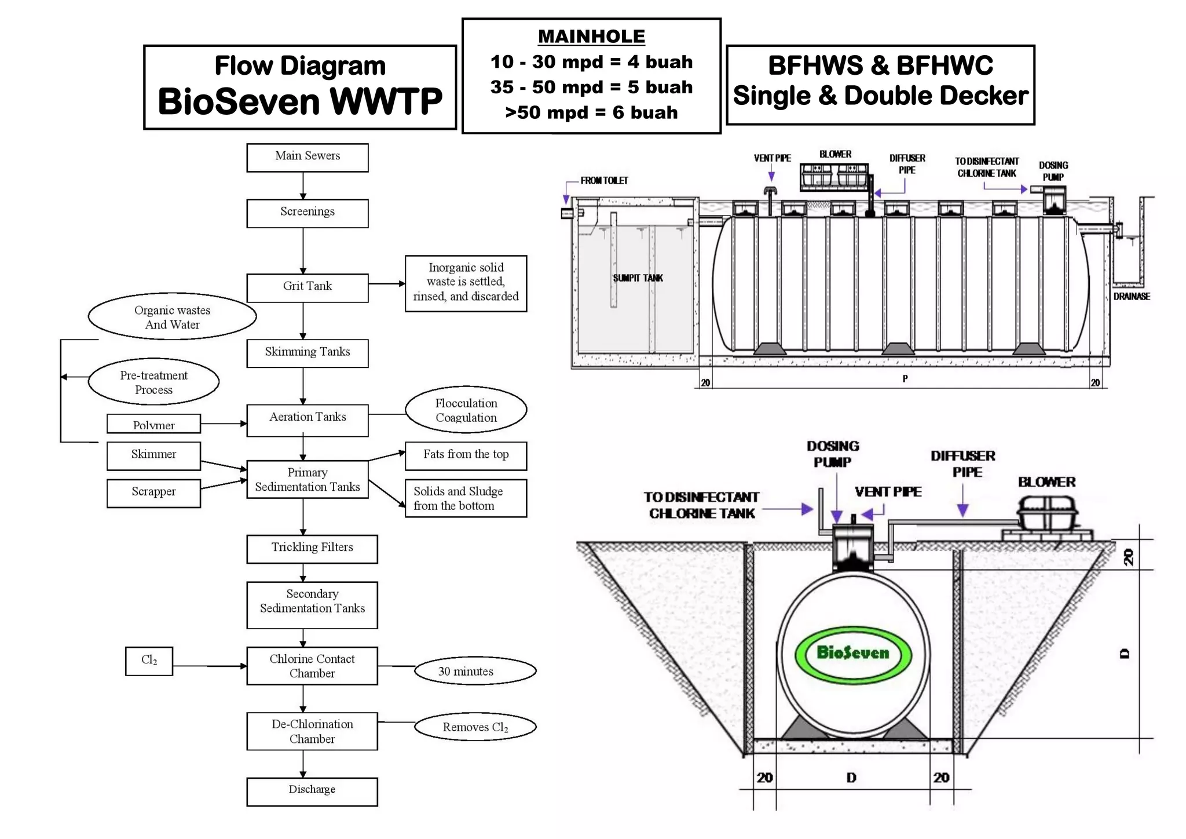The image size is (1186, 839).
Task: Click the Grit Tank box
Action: [307, 287]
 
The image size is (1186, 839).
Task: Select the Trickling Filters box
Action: [312, 548]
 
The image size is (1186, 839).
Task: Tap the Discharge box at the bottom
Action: [312, 791]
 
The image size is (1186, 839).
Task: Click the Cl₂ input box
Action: [149, 661]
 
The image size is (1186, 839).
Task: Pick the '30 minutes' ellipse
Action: [475, 671]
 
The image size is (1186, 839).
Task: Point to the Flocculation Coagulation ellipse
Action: [466, 410]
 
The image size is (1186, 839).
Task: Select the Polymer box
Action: [153, 424]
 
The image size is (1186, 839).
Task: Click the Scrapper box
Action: [153, 493]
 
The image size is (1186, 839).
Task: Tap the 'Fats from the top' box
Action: [466, 455]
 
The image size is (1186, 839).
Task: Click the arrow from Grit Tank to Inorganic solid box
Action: [386, 284]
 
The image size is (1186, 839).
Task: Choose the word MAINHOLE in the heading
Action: [591, 37]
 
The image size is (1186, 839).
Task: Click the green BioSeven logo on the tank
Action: [852, 654]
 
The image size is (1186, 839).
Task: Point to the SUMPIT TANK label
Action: [638, 278]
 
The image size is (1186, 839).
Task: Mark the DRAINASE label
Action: [1131, 297]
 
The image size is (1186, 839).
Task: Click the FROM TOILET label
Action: [604, 181]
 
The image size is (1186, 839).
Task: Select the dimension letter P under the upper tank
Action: [905, 379]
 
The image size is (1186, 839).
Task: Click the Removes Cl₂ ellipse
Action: [475, 727]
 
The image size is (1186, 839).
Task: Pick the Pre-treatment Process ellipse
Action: [153, 382]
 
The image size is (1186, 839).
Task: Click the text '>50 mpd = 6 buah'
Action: [591, 112]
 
